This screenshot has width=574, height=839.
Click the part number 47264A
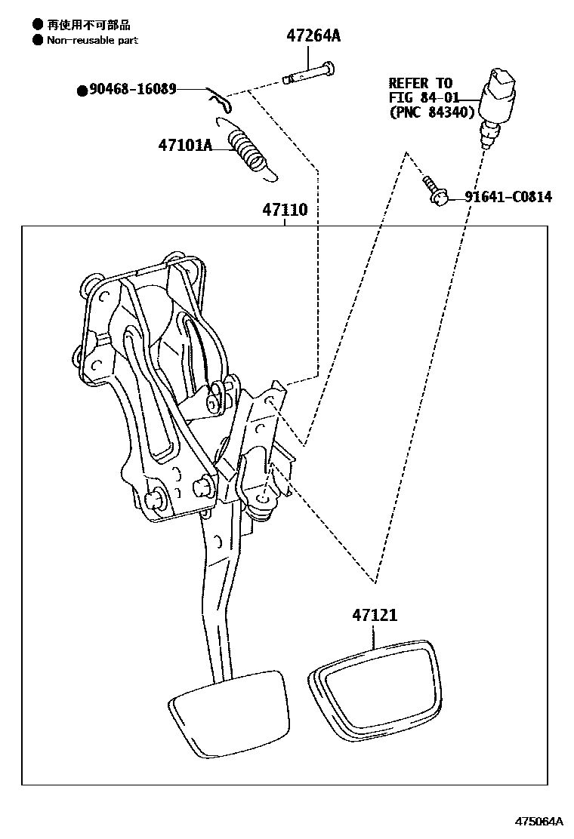[x=313, y=35]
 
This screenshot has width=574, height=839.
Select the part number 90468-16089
[x=133, y=90]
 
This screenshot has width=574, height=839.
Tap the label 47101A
[x=184, y=145]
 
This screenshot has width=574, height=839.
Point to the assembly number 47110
[x=285, y=211]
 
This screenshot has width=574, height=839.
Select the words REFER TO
[x=420, y=83]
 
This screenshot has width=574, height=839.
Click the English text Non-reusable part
[x=92, y=40]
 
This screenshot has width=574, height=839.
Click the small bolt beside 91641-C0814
[x=434, y=191]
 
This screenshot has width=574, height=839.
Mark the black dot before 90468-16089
[x=82, y=91]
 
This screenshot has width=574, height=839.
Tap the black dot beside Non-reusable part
[x=36, y=40]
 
